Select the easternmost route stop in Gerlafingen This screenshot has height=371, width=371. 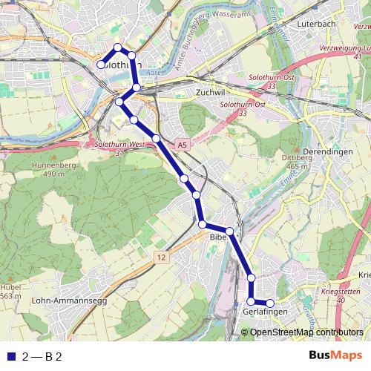271,303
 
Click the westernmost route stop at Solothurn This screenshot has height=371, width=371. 101,65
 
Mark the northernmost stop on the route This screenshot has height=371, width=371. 117,48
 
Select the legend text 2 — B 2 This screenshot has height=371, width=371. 42,356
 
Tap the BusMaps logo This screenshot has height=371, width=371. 337,355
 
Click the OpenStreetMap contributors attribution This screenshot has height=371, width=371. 306,332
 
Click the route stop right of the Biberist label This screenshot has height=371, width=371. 230,232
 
